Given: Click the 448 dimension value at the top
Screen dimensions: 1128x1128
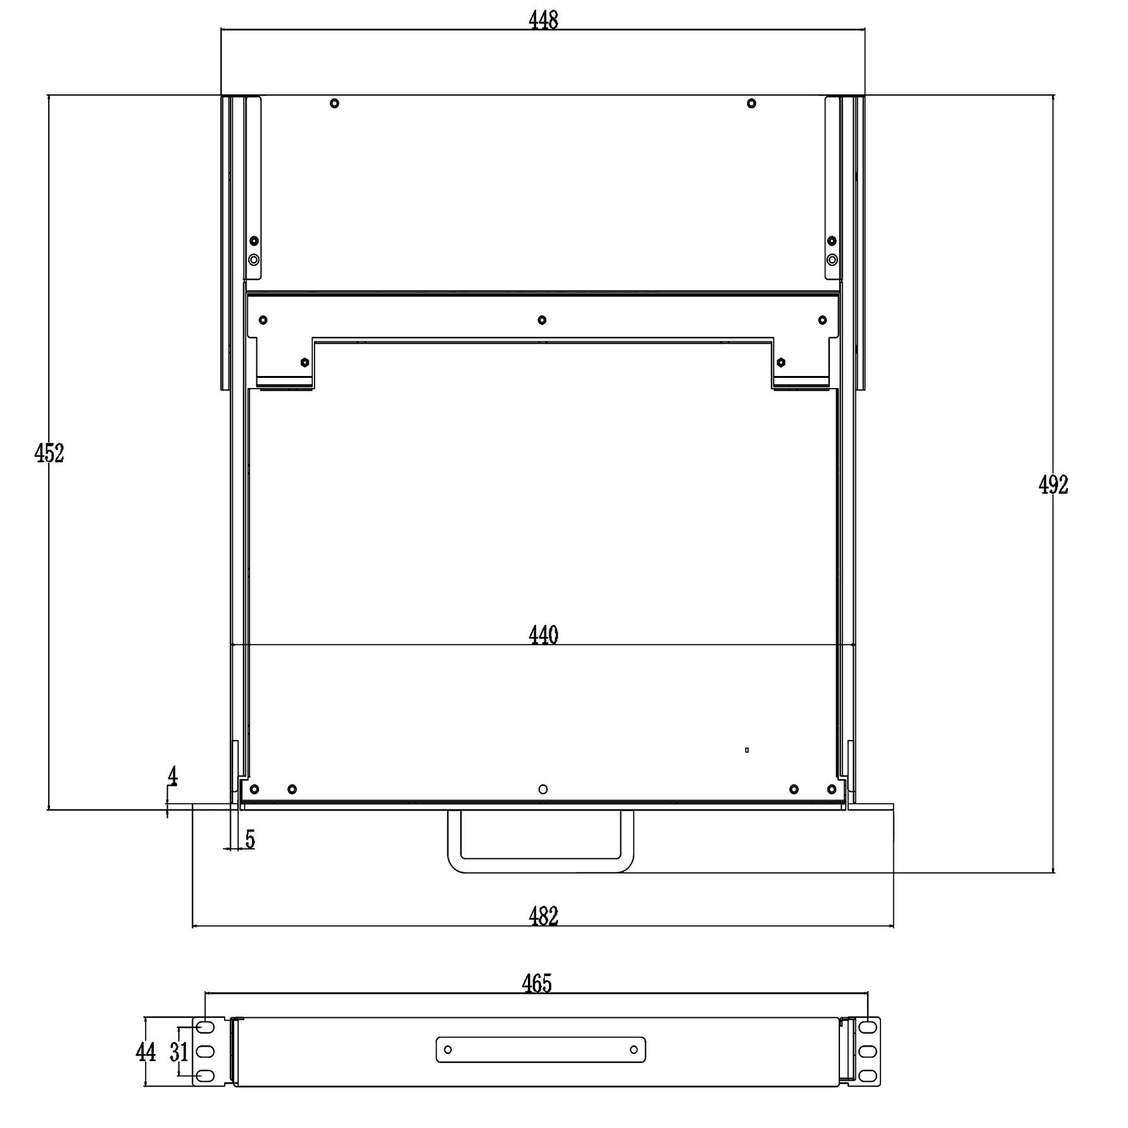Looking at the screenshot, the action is point(543,20).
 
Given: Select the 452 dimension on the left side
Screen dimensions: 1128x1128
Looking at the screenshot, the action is point(49,453).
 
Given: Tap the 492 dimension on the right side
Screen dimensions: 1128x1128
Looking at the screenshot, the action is point(1053,485).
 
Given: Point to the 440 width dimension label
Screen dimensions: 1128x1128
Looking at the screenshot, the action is point(543,635).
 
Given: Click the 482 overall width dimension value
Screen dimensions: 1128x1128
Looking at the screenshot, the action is point(543,917).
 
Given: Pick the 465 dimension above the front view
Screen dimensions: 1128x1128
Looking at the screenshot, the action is point(537,984).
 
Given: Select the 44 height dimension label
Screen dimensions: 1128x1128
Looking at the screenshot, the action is point(146,1052).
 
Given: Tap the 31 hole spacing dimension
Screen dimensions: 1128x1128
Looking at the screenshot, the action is point(179,1052).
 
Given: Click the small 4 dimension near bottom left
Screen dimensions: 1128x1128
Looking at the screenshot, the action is point(173,776).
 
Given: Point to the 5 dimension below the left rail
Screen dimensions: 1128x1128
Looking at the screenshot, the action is point(250,839).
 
